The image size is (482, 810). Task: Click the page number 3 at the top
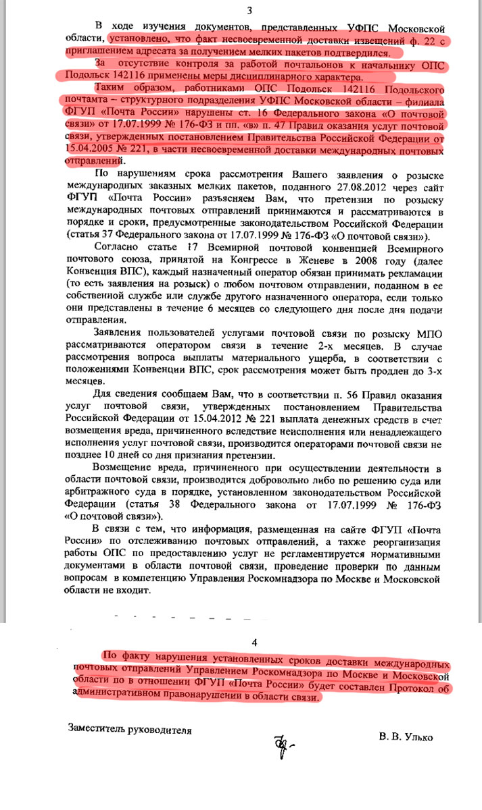[249, 10]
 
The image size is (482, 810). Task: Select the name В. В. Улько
[406, 737]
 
